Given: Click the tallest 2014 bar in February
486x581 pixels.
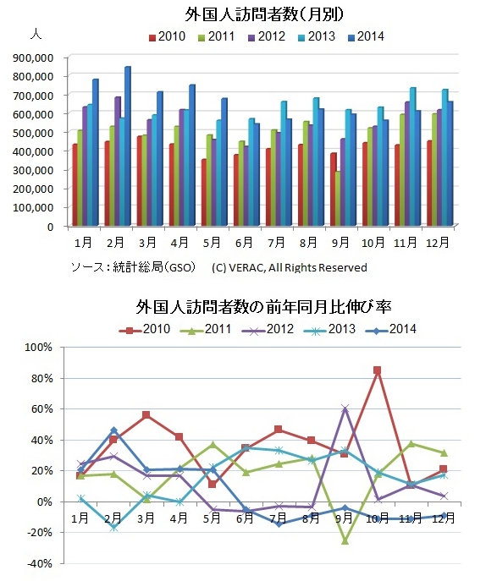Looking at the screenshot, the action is [128, 146].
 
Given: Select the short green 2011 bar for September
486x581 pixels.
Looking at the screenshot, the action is [338, 198].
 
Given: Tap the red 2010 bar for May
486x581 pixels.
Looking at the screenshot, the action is [205, 192].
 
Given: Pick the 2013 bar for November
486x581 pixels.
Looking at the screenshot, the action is [412, 156].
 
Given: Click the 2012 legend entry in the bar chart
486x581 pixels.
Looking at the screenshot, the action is [267, 36].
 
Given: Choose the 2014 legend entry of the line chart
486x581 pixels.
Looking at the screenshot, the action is [390, 329].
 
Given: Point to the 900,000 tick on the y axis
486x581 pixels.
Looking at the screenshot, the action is [33, 58].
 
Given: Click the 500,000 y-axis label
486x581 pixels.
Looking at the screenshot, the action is [33, 133].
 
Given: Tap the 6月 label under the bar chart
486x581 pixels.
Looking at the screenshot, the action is [244, 243].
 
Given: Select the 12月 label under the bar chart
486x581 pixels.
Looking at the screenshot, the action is [438, 243].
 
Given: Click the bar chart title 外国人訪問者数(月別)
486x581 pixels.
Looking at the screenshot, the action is [264, 15].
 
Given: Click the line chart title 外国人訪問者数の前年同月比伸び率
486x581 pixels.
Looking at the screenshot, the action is [264, 307].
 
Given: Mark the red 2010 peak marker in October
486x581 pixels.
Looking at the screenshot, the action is [378, 370].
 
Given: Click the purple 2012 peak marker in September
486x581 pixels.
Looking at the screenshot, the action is [345, 408].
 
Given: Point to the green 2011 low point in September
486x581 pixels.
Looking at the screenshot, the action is [345, 541].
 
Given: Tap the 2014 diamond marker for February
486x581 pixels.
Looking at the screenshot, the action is [113, 430].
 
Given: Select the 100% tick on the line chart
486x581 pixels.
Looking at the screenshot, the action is [38, 348].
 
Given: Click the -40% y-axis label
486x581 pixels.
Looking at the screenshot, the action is [38, 563].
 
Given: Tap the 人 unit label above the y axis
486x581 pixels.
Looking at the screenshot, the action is [36, 34].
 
